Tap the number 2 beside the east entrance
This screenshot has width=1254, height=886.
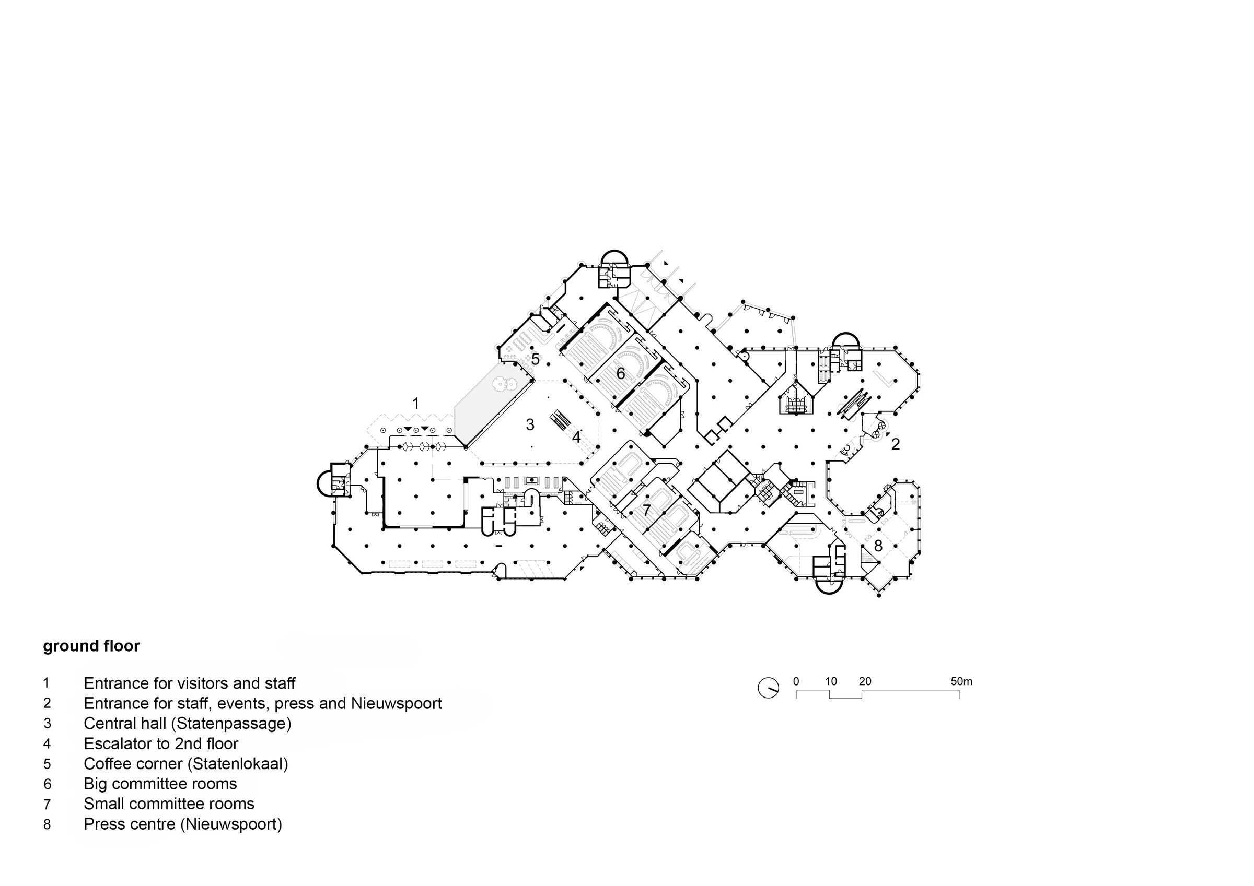pyautogui.click(x=895, y=444)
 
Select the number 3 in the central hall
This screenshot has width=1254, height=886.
pyautogui.click(x=530, y=424)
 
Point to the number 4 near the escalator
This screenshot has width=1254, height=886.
pyautogui.click(x=576, y=438)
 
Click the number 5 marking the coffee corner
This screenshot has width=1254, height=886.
pyautogui.click(x=535, y=360)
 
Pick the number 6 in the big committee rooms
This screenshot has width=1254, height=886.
pyautogui.click(x=620, y=373)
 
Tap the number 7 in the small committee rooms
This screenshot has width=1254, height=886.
pyautogui.click(x=647, y=511)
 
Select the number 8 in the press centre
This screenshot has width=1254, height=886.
pyautogui.click(x=878, y=546)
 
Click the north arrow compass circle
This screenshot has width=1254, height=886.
pyautogui.click(x=768, y=688)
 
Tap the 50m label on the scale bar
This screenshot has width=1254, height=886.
pyautogui.click(x=961, y=681)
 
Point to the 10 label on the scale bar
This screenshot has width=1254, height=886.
pyautogui.click(x=831, y=681)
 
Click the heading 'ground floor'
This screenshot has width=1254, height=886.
pyautogui.click(x=91, y=646)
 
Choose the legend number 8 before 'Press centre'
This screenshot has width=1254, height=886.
pyautogui.click(x=48, y=824)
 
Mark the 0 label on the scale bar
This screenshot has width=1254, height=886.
pyautogui.click(x=796, y=681)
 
